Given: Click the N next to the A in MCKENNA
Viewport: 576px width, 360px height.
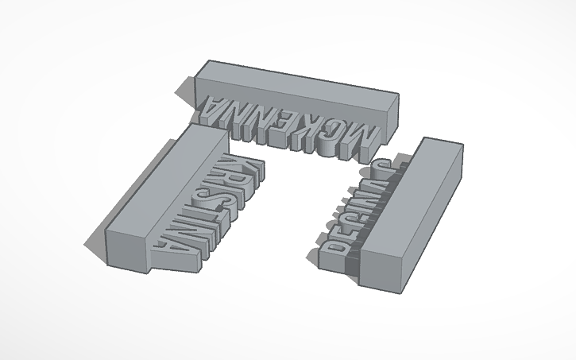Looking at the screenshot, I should click(x=239, y=111).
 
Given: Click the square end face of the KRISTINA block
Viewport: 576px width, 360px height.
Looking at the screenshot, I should click(x=126, y=246).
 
